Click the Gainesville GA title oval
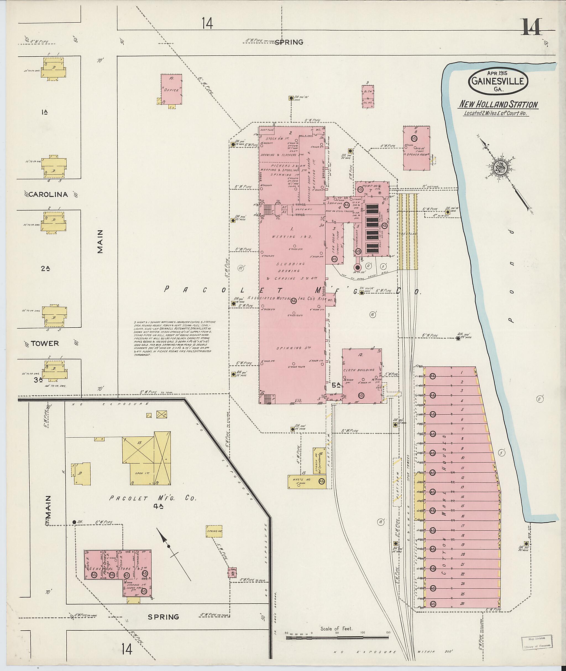(x=498, y=82)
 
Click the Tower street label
(x=45, y=344)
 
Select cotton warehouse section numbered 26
(x=462, y=603)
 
